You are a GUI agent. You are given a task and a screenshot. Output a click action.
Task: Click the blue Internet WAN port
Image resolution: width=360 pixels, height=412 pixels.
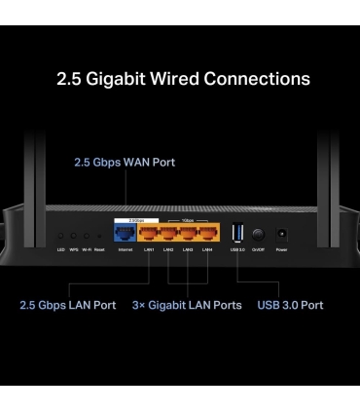point(125,235)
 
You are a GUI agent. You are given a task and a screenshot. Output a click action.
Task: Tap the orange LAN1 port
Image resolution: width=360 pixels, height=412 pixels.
point(148,235)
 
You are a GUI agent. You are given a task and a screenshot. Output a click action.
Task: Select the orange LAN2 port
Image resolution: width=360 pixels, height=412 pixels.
point(168,235)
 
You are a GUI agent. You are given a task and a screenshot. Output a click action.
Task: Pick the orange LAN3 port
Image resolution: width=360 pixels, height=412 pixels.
point(188,235)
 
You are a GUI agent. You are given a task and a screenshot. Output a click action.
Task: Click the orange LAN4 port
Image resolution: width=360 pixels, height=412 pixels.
point(207,235)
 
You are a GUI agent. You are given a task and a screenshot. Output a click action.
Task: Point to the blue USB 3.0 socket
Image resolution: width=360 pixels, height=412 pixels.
point(237,235)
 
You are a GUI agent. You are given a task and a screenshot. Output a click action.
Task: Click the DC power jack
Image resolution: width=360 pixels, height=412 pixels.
point(281,235)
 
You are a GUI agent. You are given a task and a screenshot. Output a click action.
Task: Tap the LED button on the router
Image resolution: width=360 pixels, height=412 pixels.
point(60,236)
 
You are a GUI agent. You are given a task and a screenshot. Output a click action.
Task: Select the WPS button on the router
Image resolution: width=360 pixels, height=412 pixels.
point(74,236)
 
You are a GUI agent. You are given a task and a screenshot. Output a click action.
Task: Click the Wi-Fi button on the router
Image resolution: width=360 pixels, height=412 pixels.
point(87,236)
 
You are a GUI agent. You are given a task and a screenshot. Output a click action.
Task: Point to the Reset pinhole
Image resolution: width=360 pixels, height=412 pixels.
point(99,236)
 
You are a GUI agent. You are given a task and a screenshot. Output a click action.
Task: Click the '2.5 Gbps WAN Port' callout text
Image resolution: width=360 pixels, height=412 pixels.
point(125,162)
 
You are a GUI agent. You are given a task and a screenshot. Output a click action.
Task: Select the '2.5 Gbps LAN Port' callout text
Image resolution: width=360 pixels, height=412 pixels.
point(66,305)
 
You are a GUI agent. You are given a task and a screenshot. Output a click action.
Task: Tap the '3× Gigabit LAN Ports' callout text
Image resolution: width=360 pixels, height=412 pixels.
point(187,305)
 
